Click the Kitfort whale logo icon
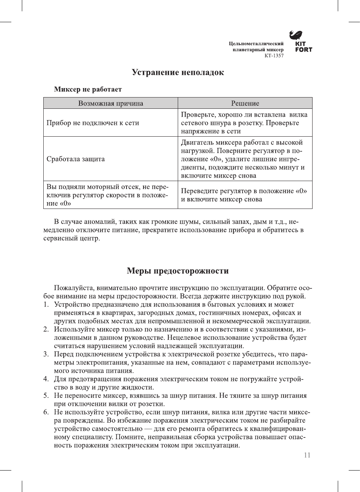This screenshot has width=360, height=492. (296, 35)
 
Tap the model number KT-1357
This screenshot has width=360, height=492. (274, 56)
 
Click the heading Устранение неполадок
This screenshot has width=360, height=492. (178, 72)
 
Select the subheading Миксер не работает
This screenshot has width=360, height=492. (88, 89)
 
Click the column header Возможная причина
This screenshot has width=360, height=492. (111, 103)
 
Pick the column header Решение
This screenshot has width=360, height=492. (245, 103)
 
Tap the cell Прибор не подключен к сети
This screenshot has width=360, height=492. (93, 123)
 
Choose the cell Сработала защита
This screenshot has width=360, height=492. (76, 159)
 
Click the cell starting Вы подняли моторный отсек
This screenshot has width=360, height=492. (107, 195)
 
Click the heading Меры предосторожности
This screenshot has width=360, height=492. (178, 271)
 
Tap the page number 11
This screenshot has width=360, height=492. (307, 455)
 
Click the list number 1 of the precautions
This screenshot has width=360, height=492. (46, 305)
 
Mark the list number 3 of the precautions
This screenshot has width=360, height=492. (46, 354)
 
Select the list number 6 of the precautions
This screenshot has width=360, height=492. (46, 412)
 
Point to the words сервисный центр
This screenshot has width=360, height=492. (72, 238)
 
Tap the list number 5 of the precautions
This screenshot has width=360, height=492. (46, 396)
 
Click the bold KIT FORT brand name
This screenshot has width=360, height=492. (303, 47)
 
